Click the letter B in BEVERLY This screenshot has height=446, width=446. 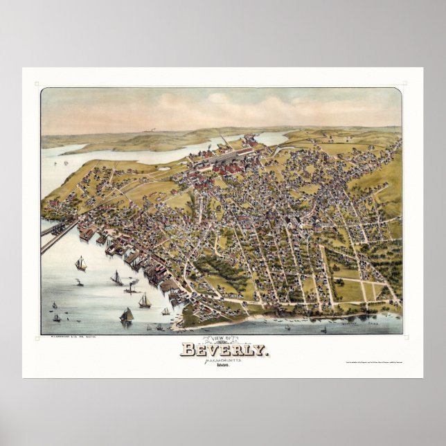[x=187, y=349]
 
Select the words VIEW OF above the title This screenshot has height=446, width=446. [x=222, y=339]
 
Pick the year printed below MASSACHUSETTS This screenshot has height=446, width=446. [x=222, y=366]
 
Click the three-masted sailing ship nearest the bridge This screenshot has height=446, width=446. [x=81, y=263]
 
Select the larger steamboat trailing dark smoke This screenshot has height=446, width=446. [x=117, y=278]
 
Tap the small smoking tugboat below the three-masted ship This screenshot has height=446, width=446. [x=80, y=283]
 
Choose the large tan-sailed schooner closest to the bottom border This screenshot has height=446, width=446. [x=127, y=315]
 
